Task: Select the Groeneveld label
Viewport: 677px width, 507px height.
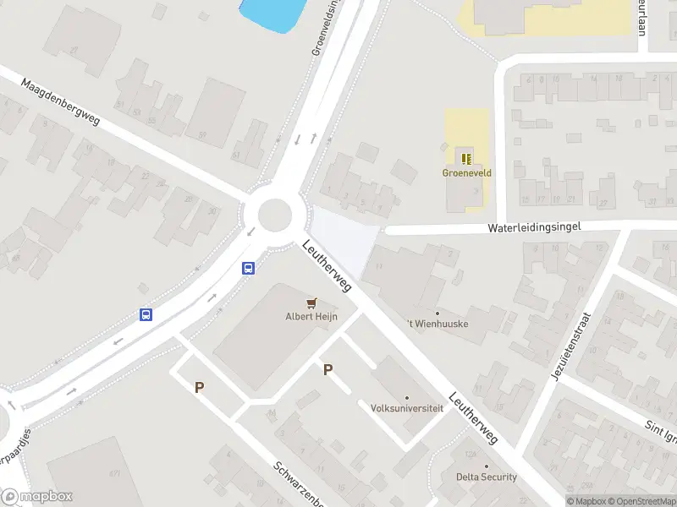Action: click(x=467, y=172)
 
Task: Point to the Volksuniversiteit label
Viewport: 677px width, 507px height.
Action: click(x=407, y=407)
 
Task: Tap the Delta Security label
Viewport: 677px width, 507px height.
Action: click(x=487, y=477)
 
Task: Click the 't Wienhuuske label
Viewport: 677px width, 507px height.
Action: click(x=438, y=323)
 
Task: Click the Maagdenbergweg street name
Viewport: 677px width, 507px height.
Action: click(x=61, y=103)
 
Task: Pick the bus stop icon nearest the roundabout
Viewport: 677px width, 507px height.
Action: click(x=249, y=269)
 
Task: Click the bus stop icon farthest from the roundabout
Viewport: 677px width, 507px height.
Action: click(x=146, y=315)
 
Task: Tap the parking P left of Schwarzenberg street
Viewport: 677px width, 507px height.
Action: click(x=200, y=387)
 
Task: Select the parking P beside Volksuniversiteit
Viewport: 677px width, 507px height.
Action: click(x=327, y=369)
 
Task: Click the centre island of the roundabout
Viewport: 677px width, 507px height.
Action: click(x=274, y=213)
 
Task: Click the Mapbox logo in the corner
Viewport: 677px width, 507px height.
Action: click(x=37, y=497)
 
